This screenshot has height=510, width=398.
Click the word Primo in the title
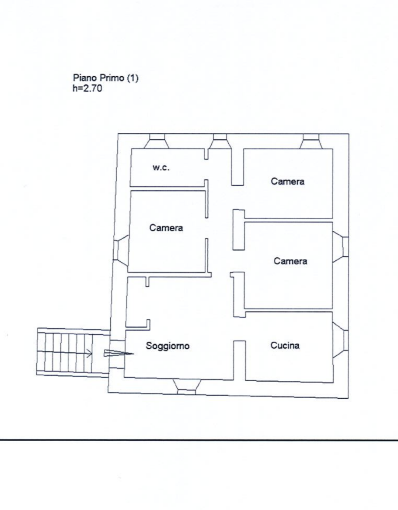pyautogui.click(x=112, y=78)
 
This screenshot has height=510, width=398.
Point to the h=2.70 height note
pyautogui.click(x=87, y=88)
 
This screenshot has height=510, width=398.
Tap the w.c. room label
pyautogui.click(x=161, y=168)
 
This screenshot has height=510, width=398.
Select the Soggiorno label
pyautogui.click(x=168, y=346)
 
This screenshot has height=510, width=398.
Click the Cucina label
pyautogui.click(x=285, y=345)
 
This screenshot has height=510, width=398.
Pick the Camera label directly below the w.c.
pyautogui.click(x=166, y=228)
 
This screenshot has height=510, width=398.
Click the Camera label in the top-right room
pyautogui.click(x=288, y=181)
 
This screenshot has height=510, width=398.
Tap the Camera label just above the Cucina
pyautogui.click(x=290, y=261)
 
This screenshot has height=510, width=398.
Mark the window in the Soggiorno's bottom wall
pyautogui.click(x=187, y=387)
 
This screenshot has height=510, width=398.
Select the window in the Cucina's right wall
pyautogui.click(x=341, y=340)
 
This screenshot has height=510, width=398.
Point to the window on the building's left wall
pyautogui.click(x=121, y=249)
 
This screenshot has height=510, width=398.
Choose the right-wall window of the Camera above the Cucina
pyautogui.click(x=341, y=247)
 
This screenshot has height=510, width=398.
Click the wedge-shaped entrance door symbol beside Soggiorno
pyautogui.click(x=119, y=353)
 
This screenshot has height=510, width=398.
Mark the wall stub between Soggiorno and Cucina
pyautogui.click(x=240, y=361)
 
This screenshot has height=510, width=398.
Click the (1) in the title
pyautogui.click(x=133, y=78)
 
